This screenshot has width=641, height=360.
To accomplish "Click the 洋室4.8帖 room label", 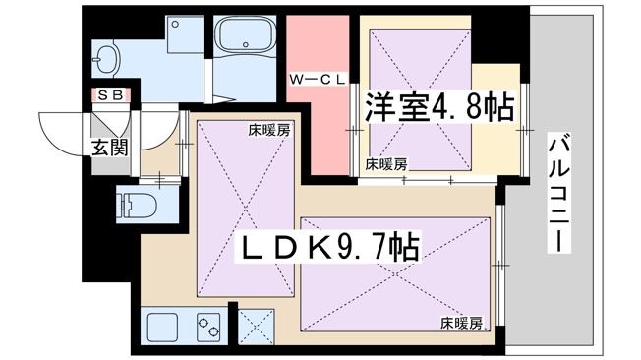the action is tap(439, 107).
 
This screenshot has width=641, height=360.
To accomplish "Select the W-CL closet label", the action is tap(318, 80).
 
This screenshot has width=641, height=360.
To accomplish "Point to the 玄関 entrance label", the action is tap(109, 147).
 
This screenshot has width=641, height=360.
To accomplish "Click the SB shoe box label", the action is tap(111, 95).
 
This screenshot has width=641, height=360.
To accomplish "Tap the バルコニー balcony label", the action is tap(558, 192).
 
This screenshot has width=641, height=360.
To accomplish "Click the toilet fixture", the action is tap(138, 205).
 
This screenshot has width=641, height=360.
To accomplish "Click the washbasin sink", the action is tap(107, 59).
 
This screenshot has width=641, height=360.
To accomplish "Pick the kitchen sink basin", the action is tap(162, 328).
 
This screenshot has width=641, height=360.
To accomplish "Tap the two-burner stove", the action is tap(208, 328).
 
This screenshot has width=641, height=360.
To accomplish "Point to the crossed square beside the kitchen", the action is tap(256, 327).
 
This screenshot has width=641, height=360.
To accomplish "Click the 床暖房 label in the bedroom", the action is tap(386, 164).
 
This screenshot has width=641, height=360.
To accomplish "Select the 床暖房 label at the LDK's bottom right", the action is tap(461, 324).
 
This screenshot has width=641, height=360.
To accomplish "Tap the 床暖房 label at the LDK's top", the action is tap(269, 131).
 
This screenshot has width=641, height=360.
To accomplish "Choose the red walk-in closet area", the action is tap(319, 95).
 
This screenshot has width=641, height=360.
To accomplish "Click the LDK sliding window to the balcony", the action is tap(500, 266).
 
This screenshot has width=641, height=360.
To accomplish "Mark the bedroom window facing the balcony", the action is tap(525, 130).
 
